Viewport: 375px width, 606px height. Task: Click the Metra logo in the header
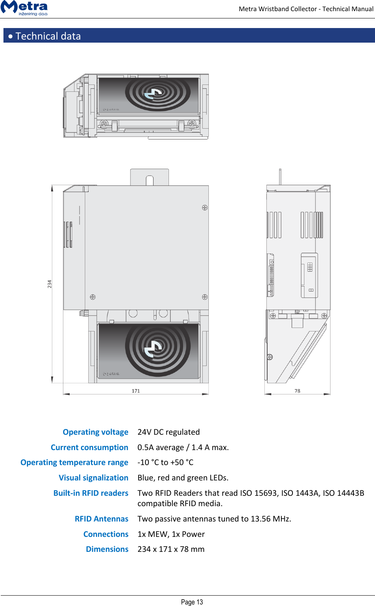point(25,8)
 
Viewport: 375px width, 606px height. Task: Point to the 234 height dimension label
point(50,284)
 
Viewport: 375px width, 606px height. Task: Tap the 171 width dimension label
point(136,391)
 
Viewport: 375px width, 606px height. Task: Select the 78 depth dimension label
point(297,391)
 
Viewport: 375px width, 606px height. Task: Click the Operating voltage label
point(96,432)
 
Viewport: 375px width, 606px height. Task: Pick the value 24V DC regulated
point(169,432)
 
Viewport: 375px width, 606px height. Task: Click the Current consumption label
point(89,447)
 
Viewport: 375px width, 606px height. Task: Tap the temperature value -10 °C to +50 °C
point(165,462)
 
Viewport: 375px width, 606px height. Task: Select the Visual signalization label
point(94,478)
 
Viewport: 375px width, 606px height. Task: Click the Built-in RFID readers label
point(91,493)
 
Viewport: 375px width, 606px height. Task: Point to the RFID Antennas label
point(102,519)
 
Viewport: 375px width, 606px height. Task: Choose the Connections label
point(106,534)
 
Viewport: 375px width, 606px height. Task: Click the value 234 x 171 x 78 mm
point(171,549)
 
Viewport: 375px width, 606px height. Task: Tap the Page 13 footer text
point(192,602)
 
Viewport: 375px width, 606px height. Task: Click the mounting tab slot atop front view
point(150,180)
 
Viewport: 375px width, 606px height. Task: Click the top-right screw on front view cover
point(205,208)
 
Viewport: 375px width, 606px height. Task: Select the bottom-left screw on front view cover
point(93,297)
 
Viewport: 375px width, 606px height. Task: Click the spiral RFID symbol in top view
point(157,93)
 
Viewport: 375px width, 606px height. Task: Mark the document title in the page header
point(306,9)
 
